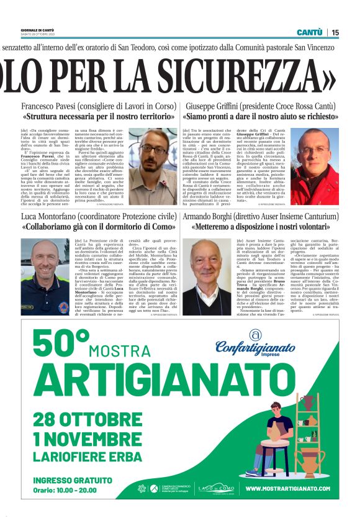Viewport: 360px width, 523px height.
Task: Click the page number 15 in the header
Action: coord(335,32)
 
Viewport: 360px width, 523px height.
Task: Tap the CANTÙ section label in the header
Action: coord(309,32)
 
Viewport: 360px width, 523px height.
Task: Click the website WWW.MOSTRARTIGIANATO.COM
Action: coord(287,488)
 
